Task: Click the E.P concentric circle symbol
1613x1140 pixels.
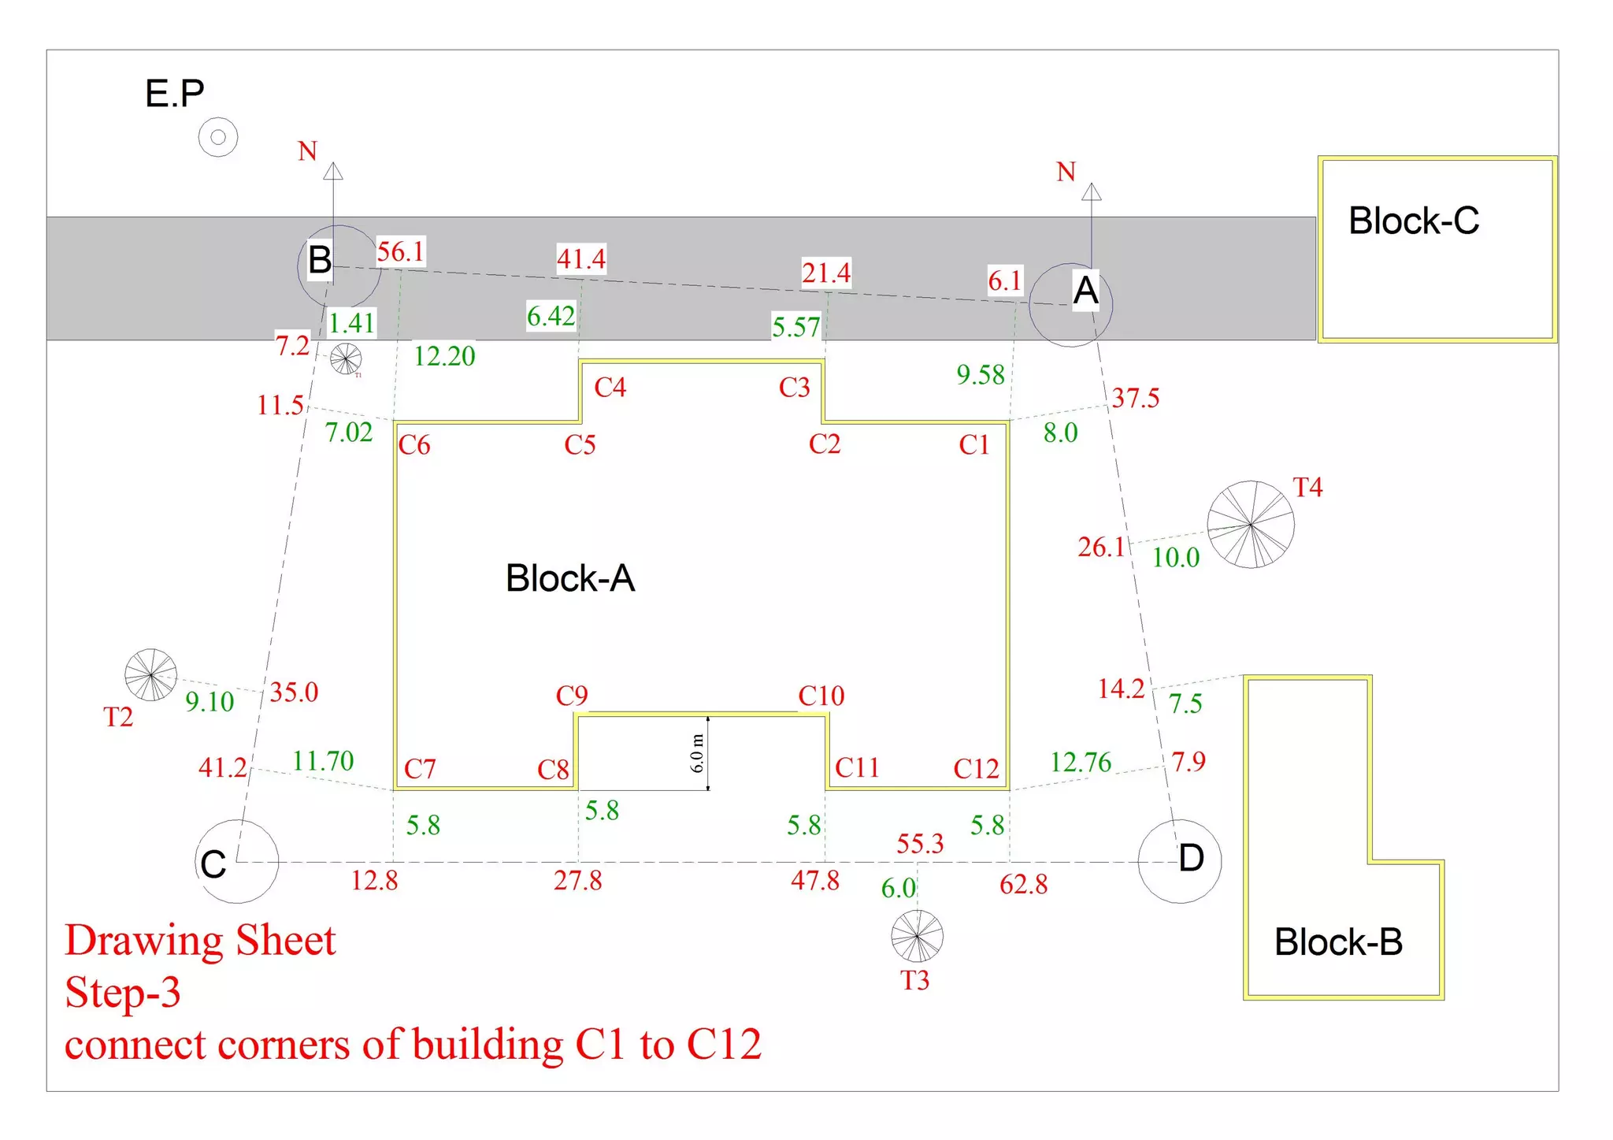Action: pos(218,137)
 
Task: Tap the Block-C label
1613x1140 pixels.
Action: pos(1413,221)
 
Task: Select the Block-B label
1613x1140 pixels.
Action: pos(1338,941)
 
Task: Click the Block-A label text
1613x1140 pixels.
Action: pos(569,578)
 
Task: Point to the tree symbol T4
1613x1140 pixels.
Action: pos(1250,524)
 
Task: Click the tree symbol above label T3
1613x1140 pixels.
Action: pos(917,935)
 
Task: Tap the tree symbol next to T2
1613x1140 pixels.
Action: pos(150,674)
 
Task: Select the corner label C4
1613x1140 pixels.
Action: pos(610,387)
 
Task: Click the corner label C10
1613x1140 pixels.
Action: pos(821,696)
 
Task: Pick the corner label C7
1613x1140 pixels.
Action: pos(420,769)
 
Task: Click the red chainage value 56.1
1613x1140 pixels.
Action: pos(400,252)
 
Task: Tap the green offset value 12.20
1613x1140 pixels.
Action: pos(444,356)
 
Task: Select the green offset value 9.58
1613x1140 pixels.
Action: pos(981,375)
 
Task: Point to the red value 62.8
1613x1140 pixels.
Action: pos(1023,885)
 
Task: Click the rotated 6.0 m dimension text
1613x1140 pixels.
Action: pos(697,752)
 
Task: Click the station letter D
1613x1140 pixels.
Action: pos(1191,858)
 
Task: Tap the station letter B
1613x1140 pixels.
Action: pos(320,260)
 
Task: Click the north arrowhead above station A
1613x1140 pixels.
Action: pos(1091,191)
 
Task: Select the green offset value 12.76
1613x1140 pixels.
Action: pos(1080,762)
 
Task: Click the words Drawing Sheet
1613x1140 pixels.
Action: pos(200,941)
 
